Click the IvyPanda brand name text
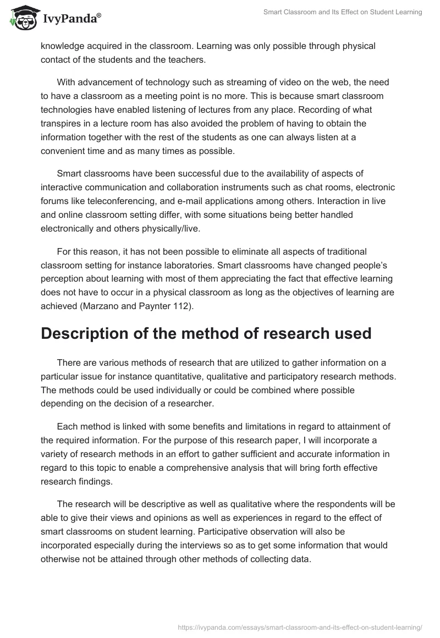pos(71,19)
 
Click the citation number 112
pos(182,306)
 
